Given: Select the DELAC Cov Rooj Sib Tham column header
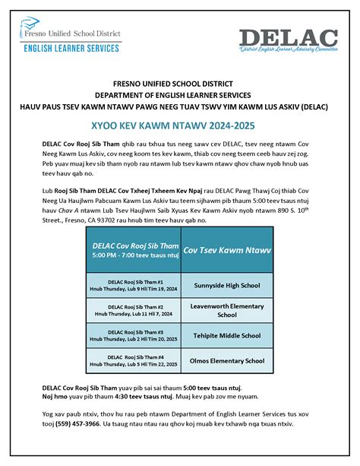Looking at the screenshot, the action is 134,251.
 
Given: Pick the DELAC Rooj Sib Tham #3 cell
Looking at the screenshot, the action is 134,335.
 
